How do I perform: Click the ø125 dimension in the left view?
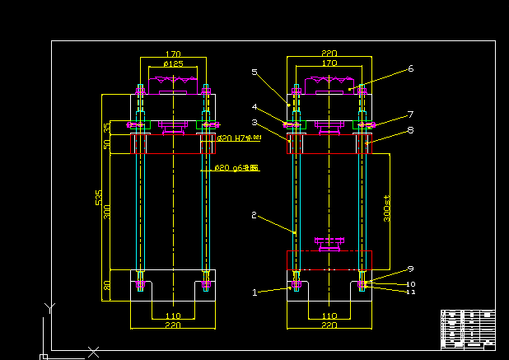pyautogui.click(x=173, y=64)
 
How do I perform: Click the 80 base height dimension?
pyautogui.click(x=106, y=286)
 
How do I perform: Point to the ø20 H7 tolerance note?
pyautogui.click(x=238, y=138)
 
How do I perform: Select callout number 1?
pyautogui.click(x=255, y=292)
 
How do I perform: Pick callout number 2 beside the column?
pyautogui.click(x=254, y=215)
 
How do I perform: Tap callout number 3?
pyautogui.click(x=255, y=122)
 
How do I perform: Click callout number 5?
pyautogui.click(x=254, y=72)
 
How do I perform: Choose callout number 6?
pyautogui.click(x=410, y=68)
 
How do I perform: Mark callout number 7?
pyautogui.click(x=410, y=114)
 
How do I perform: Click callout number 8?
pyautogui.click(x=410, y=129)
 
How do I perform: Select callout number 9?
pyautogui.click(x=410, y=269)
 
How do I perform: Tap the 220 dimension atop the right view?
pyautogui.click(x=329, y=53)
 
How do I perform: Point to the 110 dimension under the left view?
pyautogui.click(x=173, y=316)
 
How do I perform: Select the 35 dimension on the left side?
pyautogui.click(x=106, y=128)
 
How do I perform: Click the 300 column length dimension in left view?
pyautogui.click(x=106, y=213)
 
